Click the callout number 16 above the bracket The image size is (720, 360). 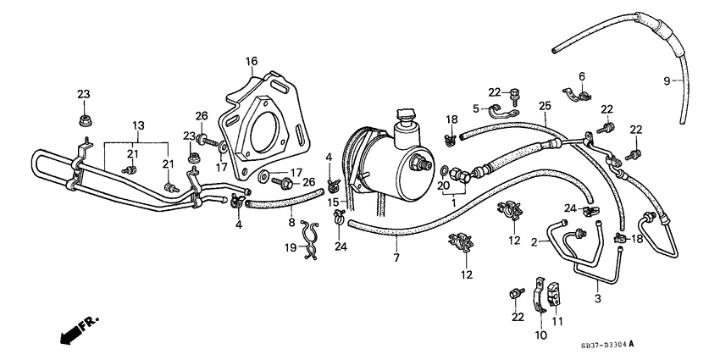[252, 61]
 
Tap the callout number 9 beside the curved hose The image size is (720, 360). [666, 80]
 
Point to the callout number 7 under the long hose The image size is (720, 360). [395, 256]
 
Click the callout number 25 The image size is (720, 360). [545, 104]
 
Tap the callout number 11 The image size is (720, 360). [556, 322]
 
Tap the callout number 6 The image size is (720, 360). [582, 76]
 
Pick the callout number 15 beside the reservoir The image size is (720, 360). [335, 202]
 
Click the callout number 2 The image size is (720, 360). [534, 242]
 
